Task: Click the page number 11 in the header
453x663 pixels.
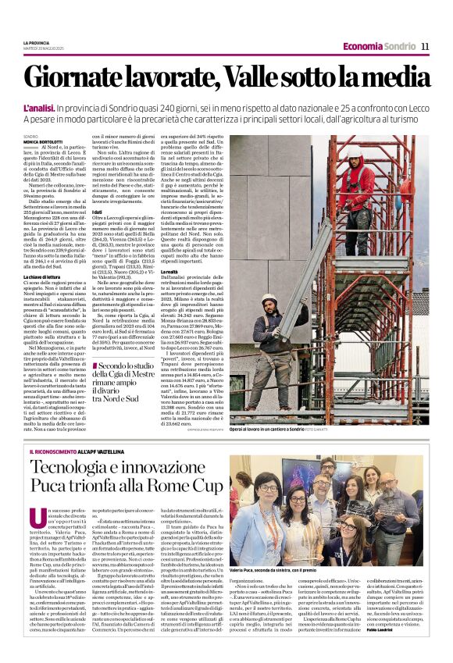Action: (425, 46)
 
